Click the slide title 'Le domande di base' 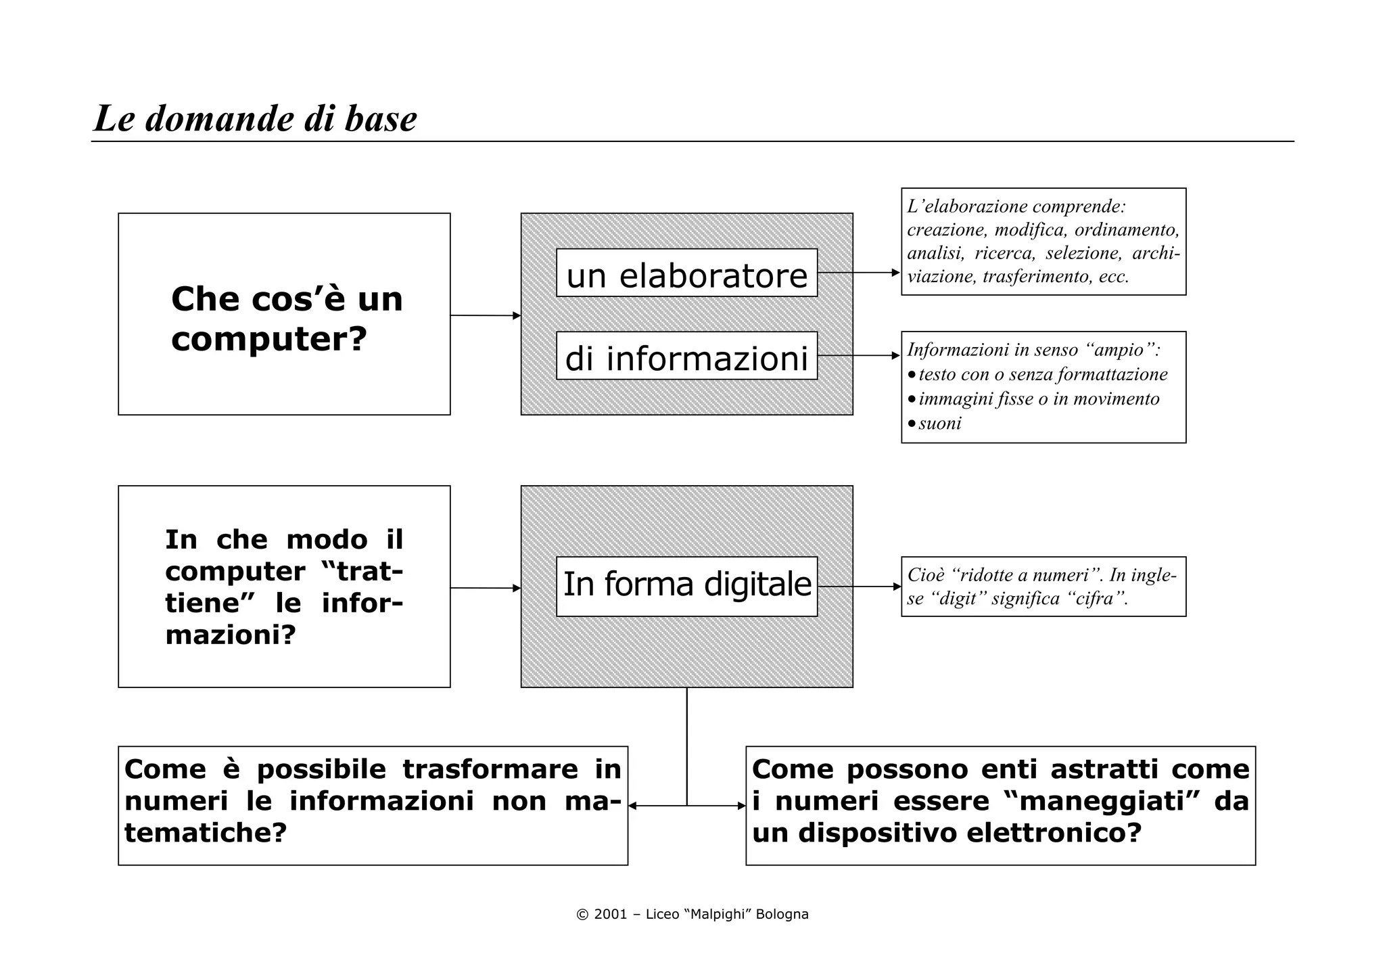point(255,119)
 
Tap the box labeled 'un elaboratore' point(686,273)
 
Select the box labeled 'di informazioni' point(686,356)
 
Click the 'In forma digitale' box point(686,586)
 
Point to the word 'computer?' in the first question point(269,338)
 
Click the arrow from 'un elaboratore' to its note point(859,273)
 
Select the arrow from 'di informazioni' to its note point(859,355)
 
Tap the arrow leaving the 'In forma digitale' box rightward point(859,587)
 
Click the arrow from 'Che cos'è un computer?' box point(485,315)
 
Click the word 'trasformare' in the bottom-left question point(490,769)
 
